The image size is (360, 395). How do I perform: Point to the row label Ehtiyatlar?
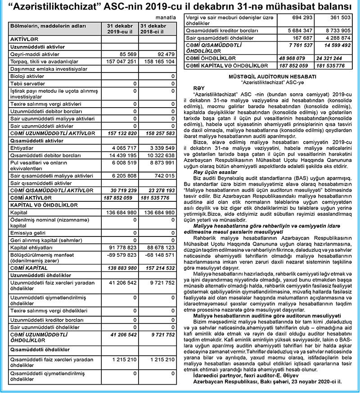point(22,147)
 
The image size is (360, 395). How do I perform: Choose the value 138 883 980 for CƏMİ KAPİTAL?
point(120,267)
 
